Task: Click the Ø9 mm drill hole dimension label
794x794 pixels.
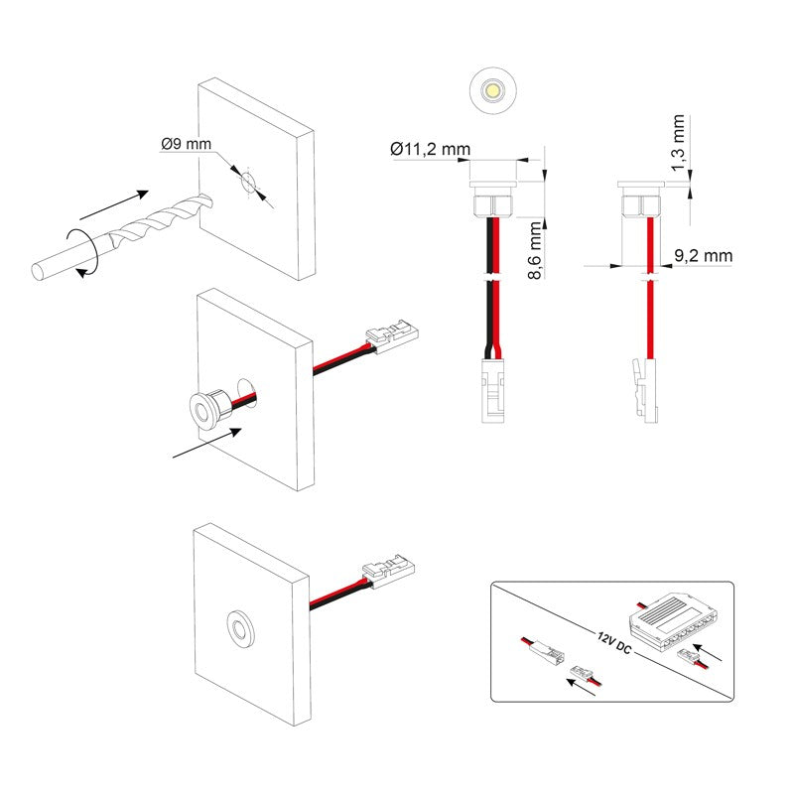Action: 186,145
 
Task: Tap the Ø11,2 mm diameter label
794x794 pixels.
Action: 430,150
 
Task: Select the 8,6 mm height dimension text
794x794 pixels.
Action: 536,250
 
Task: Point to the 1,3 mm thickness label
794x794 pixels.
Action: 679,142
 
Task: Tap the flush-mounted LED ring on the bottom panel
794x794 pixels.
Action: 239,626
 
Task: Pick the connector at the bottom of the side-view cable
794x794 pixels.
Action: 646,390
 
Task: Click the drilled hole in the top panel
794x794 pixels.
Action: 246,182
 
